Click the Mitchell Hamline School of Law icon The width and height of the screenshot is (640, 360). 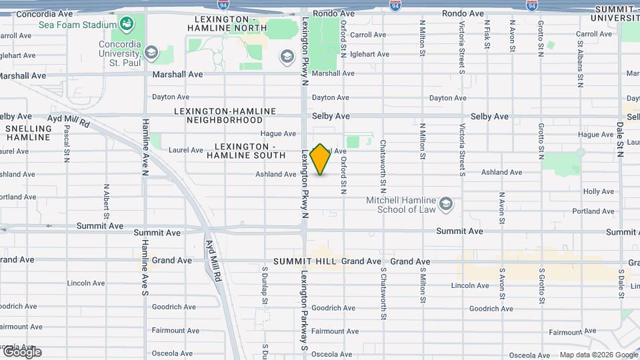[x=446, y=203]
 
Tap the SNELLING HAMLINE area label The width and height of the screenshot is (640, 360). [x=28, y=133]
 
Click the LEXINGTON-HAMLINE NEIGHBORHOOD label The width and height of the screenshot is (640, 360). [x=225, y=115]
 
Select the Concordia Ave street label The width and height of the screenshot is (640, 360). [x=45, y=13]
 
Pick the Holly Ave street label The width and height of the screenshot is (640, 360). [x=598, y=191]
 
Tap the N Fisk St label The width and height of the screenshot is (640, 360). [x=487, y=37]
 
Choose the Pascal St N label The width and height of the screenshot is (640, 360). [x=67, y=144]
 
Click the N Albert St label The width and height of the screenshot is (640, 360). [x=106, y=203]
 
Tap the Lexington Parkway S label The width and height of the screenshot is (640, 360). [x=304, y=310]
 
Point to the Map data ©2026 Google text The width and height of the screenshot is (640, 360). [x=599, y=355]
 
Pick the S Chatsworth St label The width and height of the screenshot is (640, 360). [x=383, y=293]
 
